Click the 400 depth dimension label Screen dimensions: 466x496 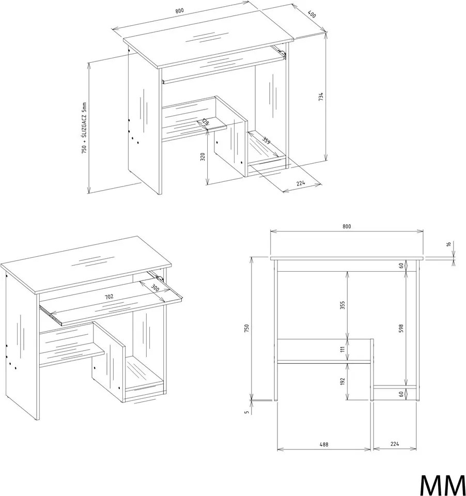(x=312, y=14)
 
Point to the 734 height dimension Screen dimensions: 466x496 (x=321, y=97)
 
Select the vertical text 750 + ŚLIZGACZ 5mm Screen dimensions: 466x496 (x=84, y=128)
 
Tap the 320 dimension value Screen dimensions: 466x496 (x=203, y=156)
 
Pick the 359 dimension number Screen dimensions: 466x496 (x=266, y=140)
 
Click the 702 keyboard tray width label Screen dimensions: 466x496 (x=109, y=297)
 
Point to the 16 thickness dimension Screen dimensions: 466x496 (x=448, y=244)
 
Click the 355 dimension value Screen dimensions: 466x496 (x=343, y=305)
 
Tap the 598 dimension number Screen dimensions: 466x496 (x=401, y=328)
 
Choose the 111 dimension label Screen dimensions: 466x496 (x=343, y=350)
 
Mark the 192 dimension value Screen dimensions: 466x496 (x=343, y=381)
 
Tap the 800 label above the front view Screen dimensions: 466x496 (x=347, y=226)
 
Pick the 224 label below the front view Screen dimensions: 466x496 (x=395, y=444)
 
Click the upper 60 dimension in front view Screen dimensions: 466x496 (x=401, y=266)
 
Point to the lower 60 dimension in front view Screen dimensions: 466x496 (x=401, y=394)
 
